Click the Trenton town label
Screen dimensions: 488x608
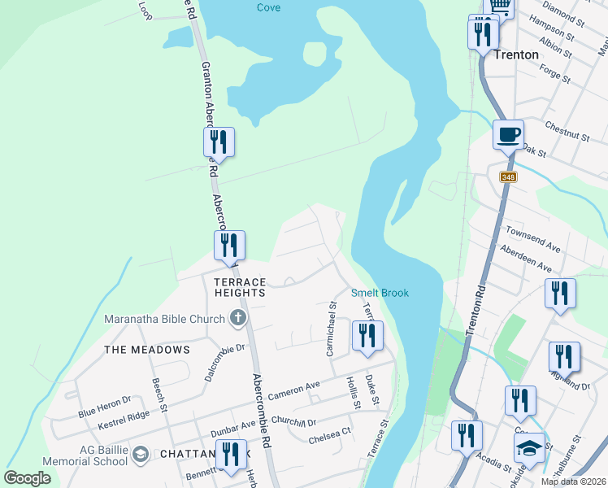tap(515, 54)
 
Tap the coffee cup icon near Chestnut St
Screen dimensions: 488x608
tap(508, 134)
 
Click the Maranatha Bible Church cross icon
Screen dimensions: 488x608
tap(237, 318)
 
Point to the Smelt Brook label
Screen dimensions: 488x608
tap(380, 293)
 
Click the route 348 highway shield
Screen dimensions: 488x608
tap(508, 177)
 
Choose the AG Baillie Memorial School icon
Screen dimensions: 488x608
tap(140, 453)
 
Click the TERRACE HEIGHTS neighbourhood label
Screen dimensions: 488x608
tap(239, 286)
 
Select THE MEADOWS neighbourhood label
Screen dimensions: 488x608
tap(146, 349)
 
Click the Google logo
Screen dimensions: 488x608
tap(27, 477)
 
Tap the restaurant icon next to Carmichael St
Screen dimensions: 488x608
tap(367, 335)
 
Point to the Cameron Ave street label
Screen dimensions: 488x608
tap(294, 388)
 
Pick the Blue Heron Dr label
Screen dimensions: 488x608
tap(105, 407)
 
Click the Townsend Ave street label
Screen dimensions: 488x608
tap(532, 238)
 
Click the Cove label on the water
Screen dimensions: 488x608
tap(268, 7)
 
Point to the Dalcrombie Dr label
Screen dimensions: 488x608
tap(214, 355)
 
